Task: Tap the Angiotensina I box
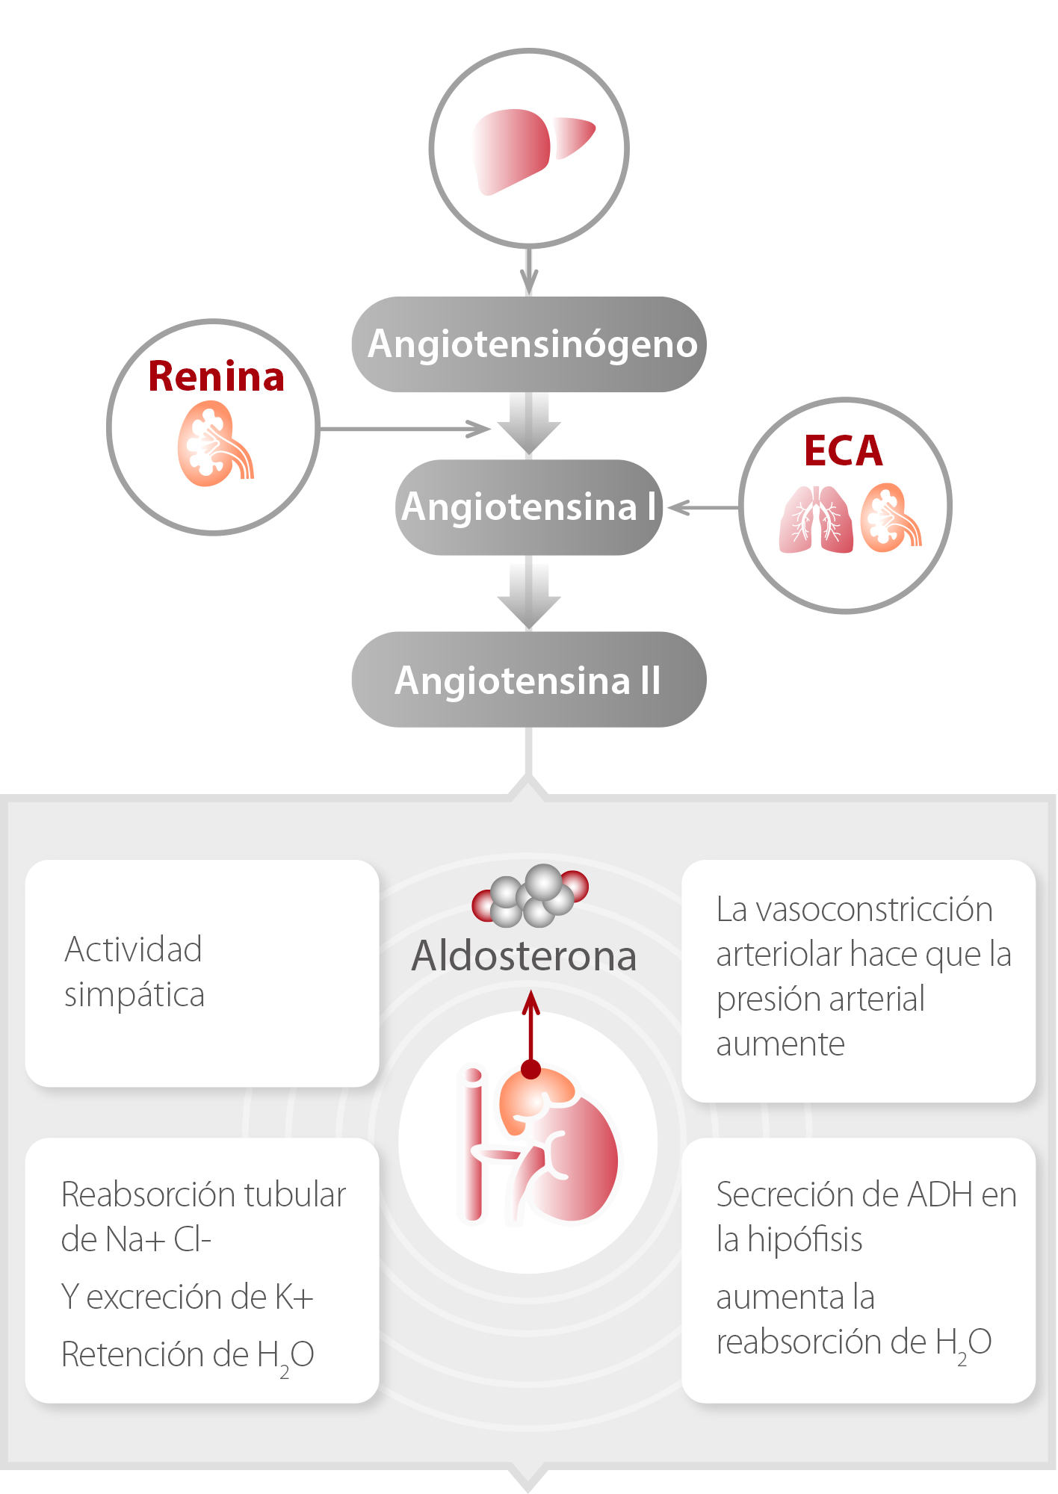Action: [529, 507]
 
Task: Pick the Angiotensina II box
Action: [529, 680]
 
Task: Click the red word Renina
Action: [216, 376]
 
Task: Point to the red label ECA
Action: [844, 450]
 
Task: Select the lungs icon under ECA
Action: [816, 520]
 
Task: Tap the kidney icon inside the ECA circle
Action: [890, 518]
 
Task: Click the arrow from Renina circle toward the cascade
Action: [403, 429]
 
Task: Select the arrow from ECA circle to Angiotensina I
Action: [702, 508]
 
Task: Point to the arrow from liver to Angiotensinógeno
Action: [529, 270]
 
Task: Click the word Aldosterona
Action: [525, 956]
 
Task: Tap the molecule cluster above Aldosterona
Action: [530, 894]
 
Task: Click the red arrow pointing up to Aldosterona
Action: [530, 1031]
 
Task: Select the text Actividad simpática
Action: [134, 972]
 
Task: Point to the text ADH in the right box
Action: [929, 1195]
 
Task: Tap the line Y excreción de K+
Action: [187, 1297]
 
